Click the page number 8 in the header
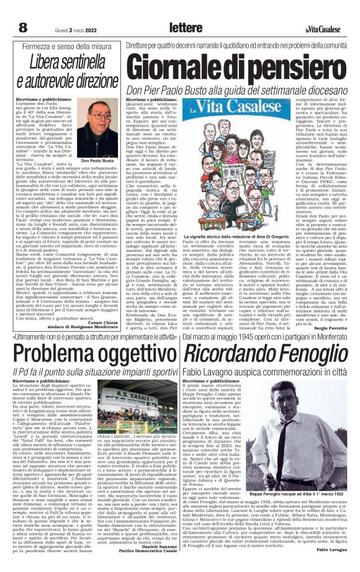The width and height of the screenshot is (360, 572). pyautogui.click(x=23, y=27)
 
